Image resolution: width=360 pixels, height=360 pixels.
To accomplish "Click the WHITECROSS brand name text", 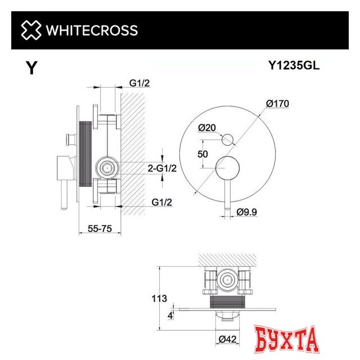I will pyautogui.click(x=91, y=30).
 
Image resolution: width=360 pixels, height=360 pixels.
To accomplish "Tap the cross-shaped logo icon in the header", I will pyautogui.click(x=31, y=30).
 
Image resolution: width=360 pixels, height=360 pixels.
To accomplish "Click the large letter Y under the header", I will pyautogui.click(x=33, y=69).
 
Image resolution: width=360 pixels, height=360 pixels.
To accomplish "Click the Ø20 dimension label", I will pyautogui.click(x=207, y=128).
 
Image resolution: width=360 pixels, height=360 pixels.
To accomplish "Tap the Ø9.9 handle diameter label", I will pyautogui.click(x=248, y=212).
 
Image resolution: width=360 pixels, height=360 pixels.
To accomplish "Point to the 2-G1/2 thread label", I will pyautogui.click(x=162, y=168).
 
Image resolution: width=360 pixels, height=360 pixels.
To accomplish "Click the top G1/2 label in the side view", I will pyautogui.click(x=139, y=83).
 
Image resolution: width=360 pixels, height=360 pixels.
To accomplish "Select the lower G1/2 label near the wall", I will pyautogui.click(x=161, y=201).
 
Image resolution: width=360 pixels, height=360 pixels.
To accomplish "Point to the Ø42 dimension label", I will pyautogui.click(x=226, y=339).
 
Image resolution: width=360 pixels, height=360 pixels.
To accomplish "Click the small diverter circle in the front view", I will pyautogui.click(x=229, y=138).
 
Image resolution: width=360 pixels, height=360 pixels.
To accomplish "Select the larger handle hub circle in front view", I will pyautogui.click(x=229, y=166).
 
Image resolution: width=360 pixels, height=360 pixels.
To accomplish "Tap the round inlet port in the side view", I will pyautogui.click(x=107, y=167).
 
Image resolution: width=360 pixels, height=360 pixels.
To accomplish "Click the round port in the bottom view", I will pyautogui.click(x=227, y=278).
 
